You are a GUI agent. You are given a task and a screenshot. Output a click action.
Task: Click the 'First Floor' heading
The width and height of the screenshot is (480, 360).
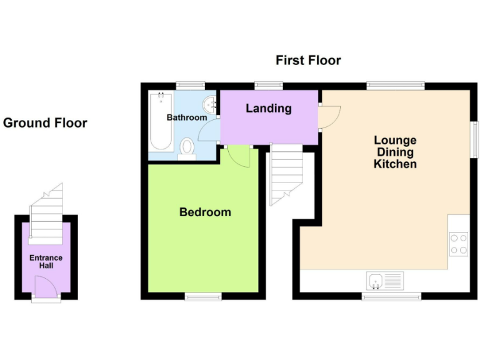pos(308,61)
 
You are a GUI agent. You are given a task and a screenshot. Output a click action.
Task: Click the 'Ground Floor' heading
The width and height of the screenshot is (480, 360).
pos(45,123)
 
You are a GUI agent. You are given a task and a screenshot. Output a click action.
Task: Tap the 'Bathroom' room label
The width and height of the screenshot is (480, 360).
pos(186,117)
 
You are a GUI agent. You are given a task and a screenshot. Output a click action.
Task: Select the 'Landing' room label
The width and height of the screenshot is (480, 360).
pos(268,108)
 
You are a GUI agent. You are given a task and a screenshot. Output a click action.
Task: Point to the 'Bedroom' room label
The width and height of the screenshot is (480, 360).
pos(205,212)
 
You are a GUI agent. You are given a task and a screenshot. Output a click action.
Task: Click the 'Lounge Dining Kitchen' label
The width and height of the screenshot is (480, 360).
pos(395,152)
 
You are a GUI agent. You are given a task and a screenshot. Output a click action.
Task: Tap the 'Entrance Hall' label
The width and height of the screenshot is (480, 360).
pos(46,262)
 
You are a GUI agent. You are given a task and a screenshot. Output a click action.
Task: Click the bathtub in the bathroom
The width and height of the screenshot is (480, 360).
pos(162,121)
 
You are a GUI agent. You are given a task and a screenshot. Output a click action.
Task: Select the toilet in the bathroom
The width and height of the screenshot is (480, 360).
pos(187,148)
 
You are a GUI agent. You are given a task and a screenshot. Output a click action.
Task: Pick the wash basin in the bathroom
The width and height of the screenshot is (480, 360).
pos(210,104)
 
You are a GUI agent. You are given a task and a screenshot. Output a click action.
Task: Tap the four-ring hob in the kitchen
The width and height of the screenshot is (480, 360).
pos(459,243)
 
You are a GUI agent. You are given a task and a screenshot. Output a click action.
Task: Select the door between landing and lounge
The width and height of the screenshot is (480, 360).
pos(329,116)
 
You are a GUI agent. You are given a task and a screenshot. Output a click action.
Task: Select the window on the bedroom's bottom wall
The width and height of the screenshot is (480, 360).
pos(203,296)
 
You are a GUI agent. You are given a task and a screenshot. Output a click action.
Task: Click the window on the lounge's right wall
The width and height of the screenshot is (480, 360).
pos(474,139)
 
